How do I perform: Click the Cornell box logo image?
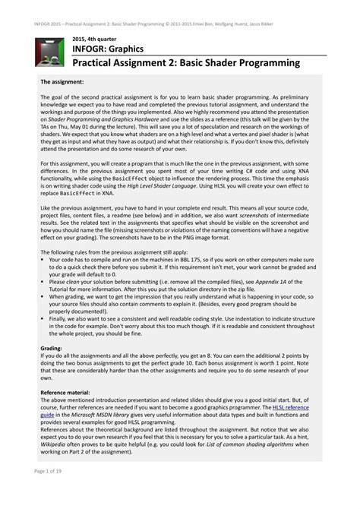(49, 51)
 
